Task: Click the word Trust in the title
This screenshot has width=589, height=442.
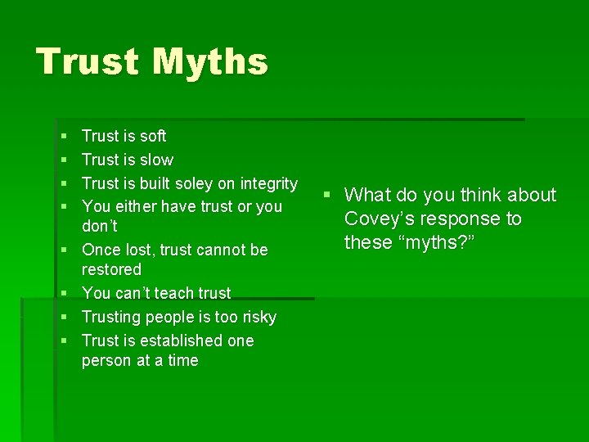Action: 85,62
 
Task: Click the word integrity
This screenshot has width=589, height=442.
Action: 266,183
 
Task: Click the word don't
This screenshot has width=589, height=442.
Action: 100,226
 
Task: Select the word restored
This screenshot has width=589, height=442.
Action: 111,269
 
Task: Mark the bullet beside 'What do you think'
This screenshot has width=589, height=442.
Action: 326,196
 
